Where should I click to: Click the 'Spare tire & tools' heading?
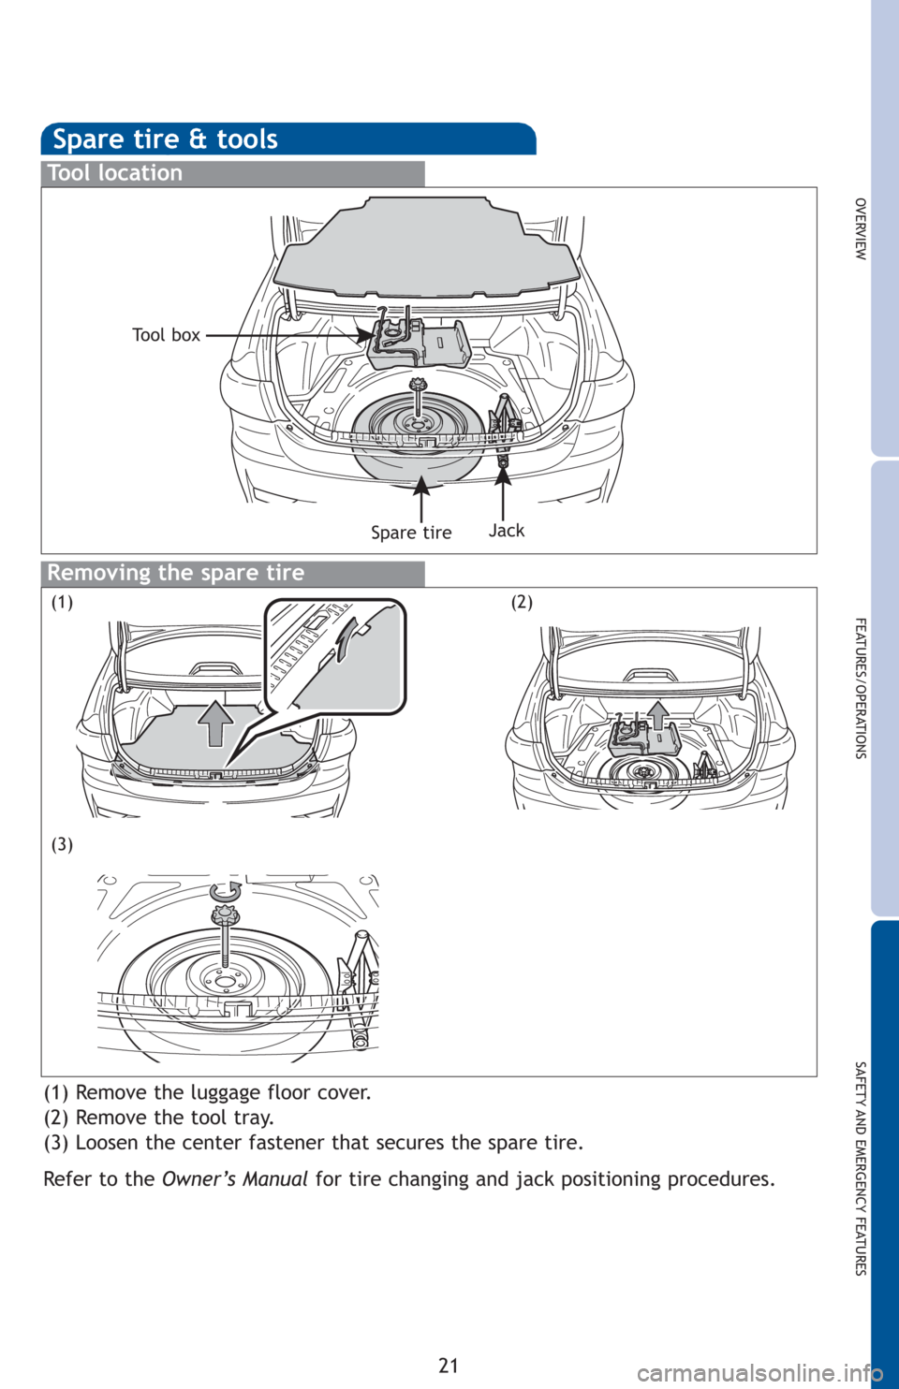pyautogui.click(x=165, y=139)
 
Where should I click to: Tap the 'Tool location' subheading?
pyautogui.click(x=115, y=173)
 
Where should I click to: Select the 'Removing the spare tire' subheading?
pyautogui.click(x=176, y=573)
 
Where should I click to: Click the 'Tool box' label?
pyautogui.click(x=166, y=335)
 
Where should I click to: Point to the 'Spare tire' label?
pyautogui.click(x=411, y=533)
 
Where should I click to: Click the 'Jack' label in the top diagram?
pyautogui.click(x=507, y=531)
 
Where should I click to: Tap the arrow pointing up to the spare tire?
pyautogui.click(x=422, y=496)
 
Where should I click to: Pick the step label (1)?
pyautogui.click(x=62, y=603)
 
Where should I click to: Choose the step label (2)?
pyautogui.click(x=522, y=603)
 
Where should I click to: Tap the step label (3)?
pyautogui.click(x=62, y=844)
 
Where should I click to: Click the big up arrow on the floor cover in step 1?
pyautogui.click(x=215, y=721)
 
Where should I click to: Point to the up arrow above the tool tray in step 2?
pyautogui.click(x=658, y=714)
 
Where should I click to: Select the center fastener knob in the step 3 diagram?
pyautogui.click(x=225, y=916)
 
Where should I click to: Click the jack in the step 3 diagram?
pyautogui.click(x=359, y=983)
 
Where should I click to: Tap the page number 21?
pyautogui.click(x=449, y=1365)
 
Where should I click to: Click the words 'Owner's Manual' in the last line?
pyautogui.click(x=234, y=1179)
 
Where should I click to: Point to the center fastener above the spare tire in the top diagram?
pyautogui.click(x=419, y=386)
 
